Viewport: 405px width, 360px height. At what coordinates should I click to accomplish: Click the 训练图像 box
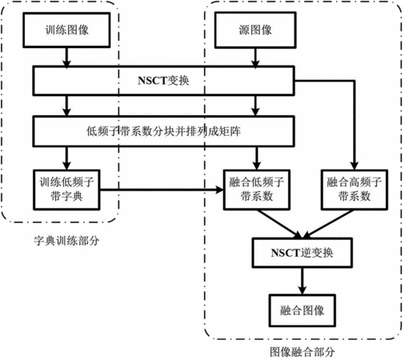pos(66,30)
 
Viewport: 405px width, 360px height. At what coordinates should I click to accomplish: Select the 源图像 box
pos(255,30)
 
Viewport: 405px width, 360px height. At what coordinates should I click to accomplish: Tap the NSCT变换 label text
pos(163,81)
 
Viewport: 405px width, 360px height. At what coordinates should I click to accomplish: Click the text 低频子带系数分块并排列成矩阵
pos(163,131)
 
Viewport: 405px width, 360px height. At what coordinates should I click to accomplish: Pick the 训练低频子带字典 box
pos(66,190)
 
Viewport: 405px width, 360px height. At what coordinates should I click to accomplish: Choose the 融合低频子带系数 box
pos(257,190)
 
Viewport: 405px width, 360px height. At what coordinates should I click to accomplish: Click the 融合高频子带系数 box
pos(355,190)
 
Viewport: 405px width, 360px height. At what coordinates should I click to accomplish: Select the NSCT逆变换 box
pos(302,253)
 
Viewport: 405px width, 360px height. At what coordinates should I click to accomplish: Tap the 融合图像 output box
pos(302,310)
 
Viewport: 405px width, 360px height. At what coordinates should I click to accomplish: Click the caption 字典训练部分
pos(66,241)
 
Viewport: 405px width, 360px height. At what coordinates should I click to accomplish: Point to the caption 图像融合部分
pos(302,352)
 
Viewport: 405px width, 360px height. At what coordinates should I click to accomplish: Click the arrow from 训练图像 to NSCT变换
pos(66,57)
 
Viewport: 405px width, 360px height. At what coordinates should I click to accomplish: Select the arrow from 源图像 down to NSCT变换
pos(255,58)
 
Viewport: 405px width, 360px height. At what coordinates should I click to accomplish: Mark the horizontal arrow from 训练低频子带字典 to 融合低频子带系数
pos(162,190)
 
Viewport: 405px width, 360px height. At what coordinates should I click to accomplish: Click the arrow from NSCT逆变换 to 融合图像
pos(302,281)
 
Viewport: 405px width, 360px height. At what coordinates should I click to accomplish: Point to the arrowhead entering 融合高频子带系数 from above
pos(355,166)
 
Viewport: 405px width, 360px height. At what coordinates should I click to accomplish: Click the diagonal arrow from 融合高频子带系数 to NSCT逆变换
pos(329,224)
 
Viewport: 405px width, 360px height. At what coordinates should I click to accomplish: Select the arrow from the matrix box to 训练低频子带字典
pos(66,158)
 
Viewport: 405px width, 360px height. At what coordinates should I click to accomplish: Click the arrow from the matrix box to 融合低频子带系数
pos(256,158)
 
